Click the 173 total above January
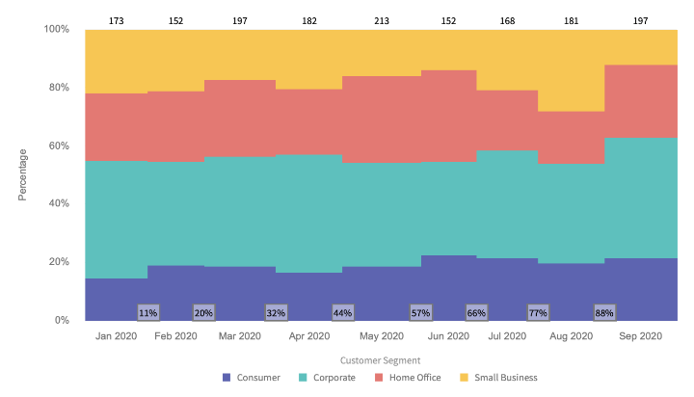tap(116, 19)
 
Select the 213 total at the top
tap(381, 19)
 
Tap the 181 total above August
tap(570, 19)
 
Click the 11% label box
tap(148, 312)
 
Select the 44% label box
tap(342, 312)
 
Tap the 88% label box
tap(604, 312)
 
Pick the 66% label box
tap(476, 312)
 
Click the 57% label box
tap(420, 312)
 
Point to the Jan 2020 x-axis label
tap(117, 336)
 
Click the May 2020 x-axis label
tap(382, 336)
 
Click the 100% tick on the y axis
tap(56, 30)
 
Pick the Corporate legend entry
tap(328, 378)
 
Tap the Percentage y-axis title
tap(23, 174)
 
